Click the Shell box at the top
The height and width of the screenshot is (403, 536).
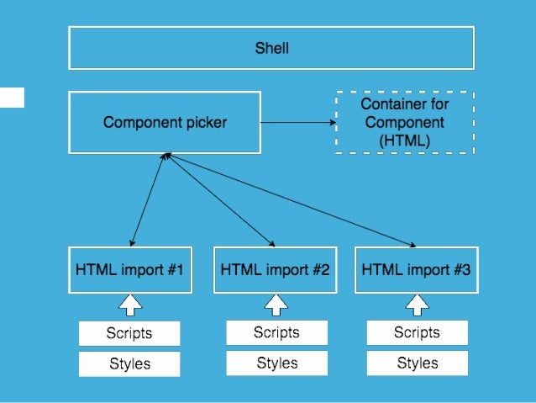[x=271, y=48]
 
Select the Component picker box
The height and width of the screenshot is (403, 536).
[x=165, y=122]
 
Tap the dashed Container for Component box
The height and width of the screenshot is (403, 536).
[x=404, y=123]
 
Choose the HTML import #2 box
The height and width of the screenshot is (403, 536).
[x=275, y=270]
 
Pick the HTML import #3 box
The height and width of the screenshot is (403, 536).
[x=416, y=270]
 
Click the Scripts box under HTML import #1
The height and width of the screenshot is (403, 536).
[x=129, y=333]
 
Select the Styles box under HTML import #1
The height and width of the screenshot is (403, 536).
[x=129, y=364]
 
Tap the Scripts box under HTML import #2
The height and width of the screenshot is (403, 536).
[x=276, y=332]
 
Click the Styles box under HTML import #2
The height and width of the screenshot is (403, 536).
[x=276, y=363]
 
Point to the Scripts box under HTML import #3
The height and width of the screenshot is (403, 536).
[x=417, y=332]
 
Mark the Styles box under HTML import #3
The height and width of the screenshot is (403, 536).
[x=417, y=363]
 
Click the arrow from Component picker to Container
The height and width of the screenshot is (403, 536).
[x=298, y=123]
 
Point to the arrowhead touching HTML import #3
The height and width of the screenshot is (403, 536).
[x=413, y=245]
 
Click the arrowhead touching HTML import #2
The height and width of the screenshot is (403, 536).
[x=273, y=244]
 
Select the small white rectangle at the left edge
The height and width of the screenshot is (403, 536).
[x=12, y=97]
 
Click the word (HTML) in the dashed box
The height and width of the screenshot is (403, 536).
[x=405, y=141]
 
